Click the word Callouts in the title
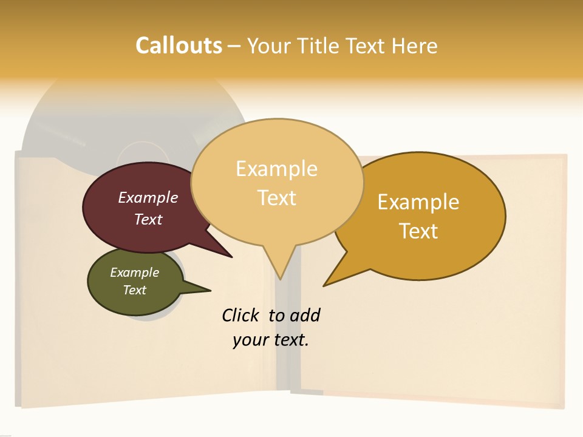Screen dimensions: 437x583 179,46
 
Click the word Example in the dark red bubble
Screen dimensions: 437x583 148,197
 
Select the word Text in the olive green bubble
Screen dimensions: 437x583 134,290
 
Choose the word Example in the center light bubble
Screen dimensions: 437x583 276,169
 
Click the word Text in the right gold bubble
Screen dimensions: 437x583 418,231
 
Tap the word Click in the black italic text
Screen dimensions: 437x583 242,315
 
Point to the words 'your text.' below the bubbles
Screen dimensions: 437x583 270,340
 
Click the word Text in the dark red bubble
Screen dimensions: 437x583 148,219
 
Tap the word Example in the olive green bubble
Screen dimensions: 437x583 134,273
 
